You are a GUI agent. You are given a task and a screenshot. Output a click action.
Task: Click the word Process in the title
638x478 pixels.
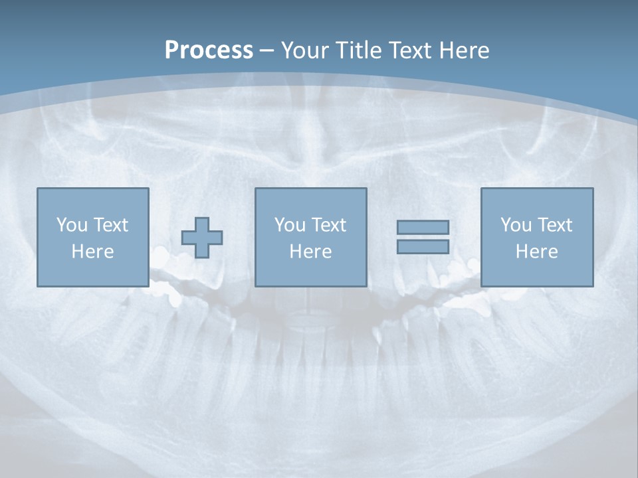(x=209, y=50)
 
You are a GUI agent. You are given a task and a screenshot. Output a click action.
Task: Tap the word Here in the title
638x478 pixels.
(x=463, y=50)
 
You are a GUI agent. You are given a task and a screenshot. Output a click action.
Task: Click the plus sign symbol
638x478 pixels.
(x=202, y=237)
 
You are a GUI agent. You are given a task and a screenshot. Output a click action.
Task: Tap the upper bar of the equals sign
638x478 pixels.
(x=423, y=227)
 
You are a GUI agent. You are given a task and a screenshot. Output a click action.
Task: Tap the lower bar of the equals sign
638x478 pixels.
(x=423, y=246)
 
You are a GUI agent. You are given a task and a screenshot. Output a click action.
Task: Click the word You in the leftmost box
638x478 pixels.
(x=72, y=225)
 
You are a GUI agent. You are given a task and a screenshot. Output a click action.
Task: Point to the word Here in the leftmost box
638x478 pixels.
(x=92, y=252)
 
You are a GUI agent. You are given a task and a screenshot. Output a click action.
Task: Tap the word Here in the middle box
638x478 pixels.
(x=310, y=252)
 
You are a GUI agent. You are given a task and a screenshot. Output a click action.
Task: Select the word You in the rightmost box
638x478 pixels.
(x=516, y=225)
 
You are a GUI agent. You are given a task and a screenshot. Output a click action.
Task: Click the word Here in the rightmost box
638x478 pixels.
(x=536, y=252)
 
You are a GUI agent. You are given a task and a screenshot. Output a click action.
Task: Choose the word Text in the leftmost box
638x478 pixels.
(x=110, y=225)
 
